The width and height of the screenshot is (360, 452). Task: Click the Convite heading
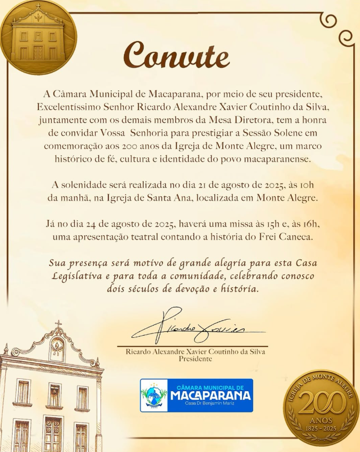[177, 55]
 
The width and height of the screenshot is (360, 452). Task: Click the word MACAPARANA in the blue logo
[210, 395]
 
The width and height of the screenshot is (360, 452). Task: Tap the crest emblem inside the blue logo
[154, 395]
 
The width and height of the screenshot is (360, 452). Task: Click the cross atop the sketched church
[58, 324]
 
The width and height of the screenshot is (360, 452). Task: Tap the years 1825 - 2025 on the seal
[321, 429]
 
